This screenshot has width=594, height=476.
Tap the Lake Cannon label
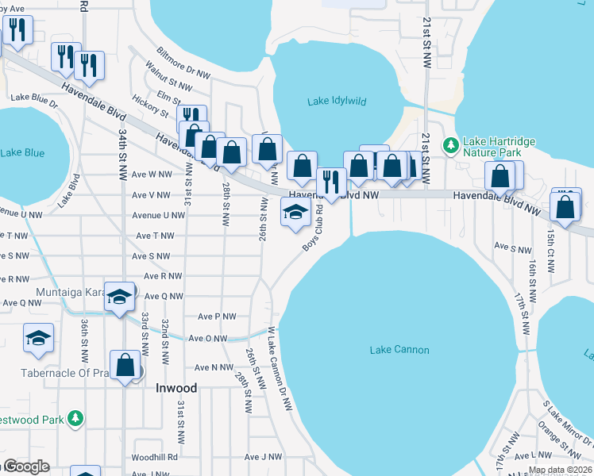point(399,350)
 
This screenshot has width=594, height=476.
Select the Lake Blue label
point(22,152)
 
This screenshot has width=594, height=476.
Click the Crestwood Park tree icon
point(75,417)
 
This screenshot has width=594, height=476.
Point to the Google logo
point(27,466)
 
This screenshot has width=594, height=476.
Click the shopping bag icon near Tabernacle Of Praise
point(125,366)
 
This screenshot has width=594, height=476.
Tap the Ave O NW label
point(210,338)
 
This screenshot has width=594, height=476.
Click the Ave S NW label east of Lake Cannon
point(512,249)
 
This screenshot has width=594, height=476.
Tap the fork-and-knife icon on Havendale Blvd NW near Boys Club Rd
point(331,182)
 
